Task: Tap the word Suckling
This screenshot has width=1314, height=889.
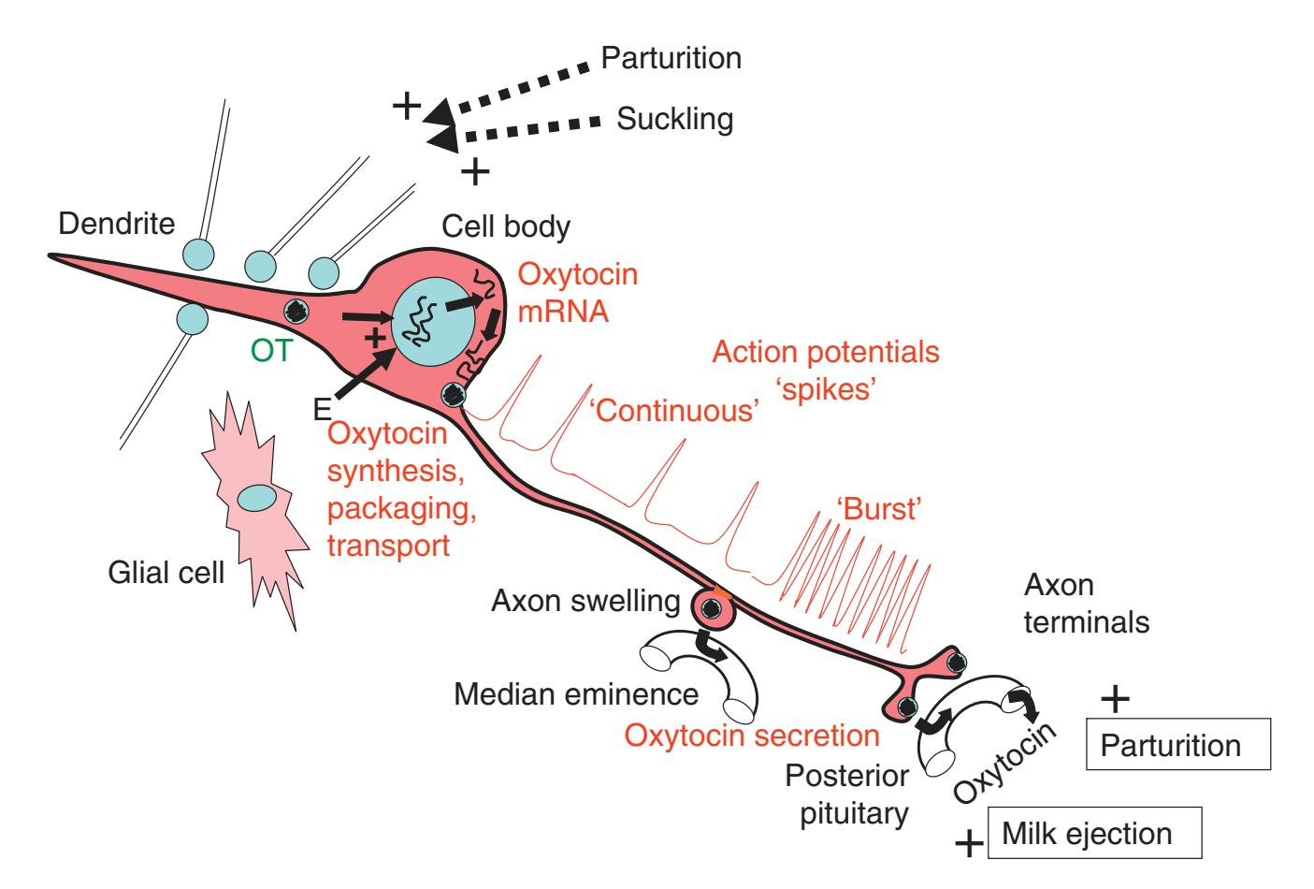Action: pyautogui.click(x=674, y=119)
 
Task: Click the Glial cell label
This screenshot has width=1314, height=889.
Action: pyautogui.click(x=165, y=572)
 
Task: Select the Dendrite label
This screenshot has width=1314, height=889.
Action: pyautogui.click(x=117, y=224)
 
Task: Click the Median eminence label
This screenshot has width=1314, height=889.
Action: pyautogui.click(x=576, y=695)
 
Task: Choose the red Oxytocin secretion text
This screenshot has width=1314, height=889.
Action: pyautogui.click(x=752, y=735)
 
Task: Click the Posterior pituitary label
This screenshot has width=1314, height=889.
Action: pyautogui.click(x=845, y=794)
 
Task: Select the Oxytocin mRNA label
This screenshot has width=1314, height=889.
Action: pyautogui.click(x=577, y=293)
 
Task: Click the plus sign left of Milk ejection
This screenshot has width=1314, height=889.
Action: pyautogui.click(x=970, y=845)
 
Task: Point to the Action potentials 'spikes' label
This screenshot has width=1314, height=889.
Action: pyautogui.click(x=825, y=371)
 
